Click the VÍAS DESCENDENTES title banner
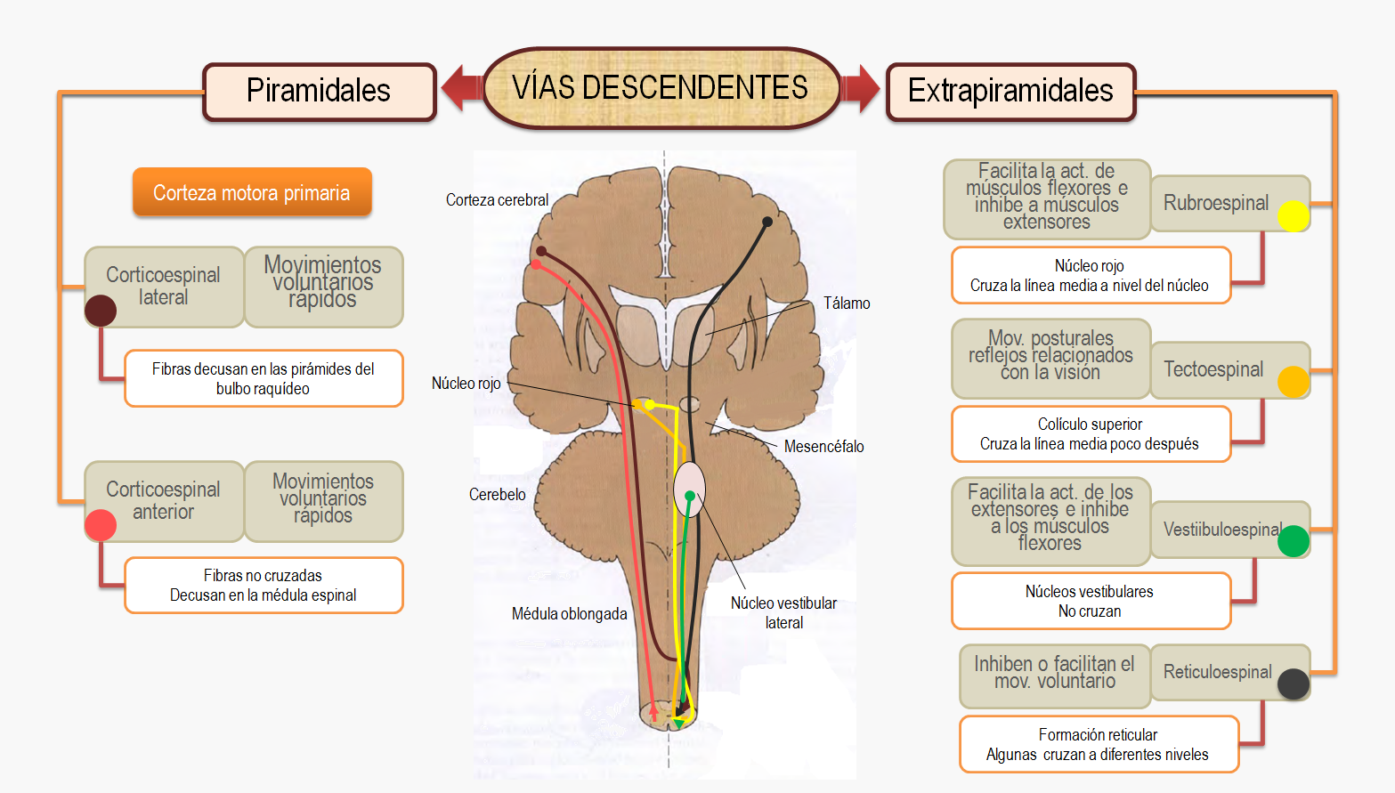[x=661, y=88]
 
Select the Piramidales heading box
[x=319, y=91]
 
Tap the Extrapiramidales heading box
[x=1010, y=91]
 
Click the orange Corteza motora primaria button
[x=252, y=192]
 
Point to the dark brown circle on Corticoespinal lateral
[x=101, y=311]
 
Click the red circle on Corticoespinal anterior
[x=101, y=525]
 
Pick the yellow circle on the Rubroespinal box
[x=1293, y=216]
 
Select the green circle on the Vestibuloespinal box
[x=1293, y=541]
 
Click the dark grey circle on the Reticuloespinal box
[x=1293, y=684]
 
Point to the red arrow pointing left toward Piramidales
[x=461, y=88]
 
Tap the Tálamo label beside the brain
[x=847, y=303]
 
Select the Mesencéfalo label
[x=823, y=447]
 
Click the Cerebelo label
[x=498, y=495]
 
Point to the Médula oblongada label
[x=570, y=614]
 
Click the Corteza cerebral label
[x=498, y=200]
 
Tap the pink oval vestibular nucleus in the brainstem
[x=689, y=489]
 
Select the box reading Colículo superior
[x=1091, y=434]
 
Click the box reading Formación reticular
[x=1099, y=744]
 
